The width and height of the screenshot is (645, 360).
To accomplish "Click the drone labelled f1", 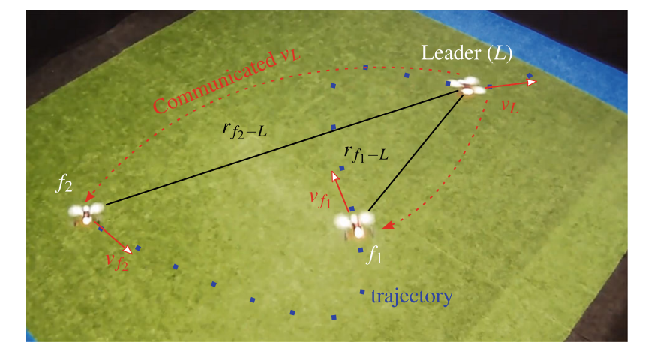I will pos(353,223).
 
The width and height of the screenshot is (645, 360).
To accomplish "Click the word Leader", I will pos(448,53).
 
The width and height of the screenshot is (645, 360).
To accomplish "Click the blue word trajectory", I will pos(411,296).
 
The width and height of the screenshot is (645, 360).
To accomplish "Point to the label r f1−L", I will pos(365,154).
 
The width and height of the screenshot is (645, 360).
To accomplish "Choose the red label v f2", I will pos(118,261).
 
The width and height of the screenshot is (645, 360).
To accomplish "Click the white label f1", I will pos(374,256).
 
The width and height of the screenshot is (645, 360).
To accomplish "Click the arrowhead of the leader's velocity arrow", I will pos(532,82).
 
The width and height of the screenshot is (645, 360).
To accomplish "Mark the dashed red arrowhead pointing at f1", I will pos(385,225).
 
